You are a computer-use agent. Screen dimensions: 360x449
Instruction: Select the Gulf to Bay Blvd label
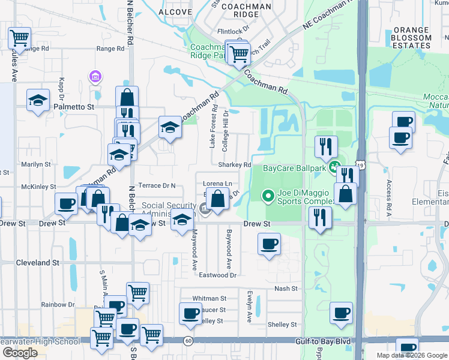click(x=323, y=341)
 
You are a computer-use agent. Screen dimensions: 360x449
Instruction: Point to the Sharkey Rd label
click(x=238, y=165)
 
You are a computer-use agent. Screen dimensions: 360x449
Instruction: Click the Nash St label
click(x=286, y=289)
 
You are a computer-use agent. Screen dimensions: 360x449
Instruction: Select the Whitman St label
click(x=209, y=298)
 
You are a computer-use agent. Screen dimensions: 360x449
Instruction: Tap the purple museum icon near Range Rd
click(x=94, y=77)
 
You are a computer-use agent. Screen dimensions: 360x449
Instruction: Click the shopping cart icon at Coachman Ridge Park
click(x=240, y=53)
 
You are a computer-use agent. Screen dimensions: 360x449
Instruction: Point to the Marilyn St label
click(x=36, y=164)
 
